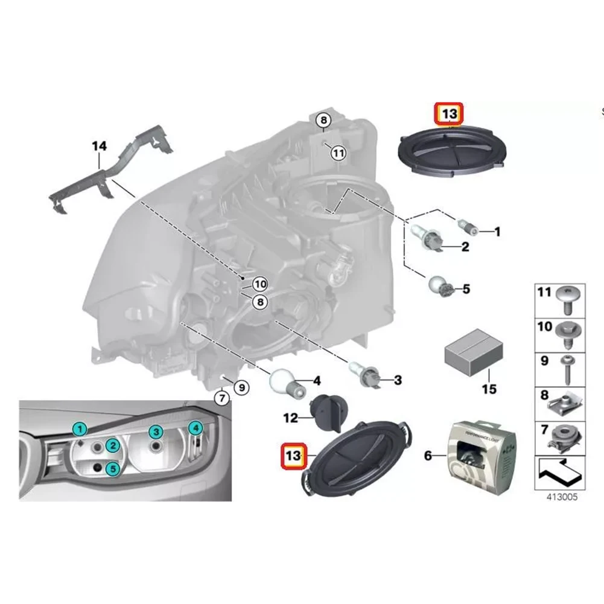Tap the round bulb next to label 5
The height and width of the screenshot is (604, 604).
(x=439, y=285)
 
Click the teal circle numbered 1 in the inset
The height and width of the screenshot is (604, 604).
(x=78, y=430)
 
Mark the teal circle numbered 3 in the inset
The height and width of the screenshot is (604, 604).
(x=156, y=431)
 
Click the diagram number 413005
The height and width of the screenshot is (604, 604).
(x=561, y=498)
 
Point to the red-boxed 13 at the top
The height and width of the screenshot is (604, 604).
(x=448, y=114)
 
